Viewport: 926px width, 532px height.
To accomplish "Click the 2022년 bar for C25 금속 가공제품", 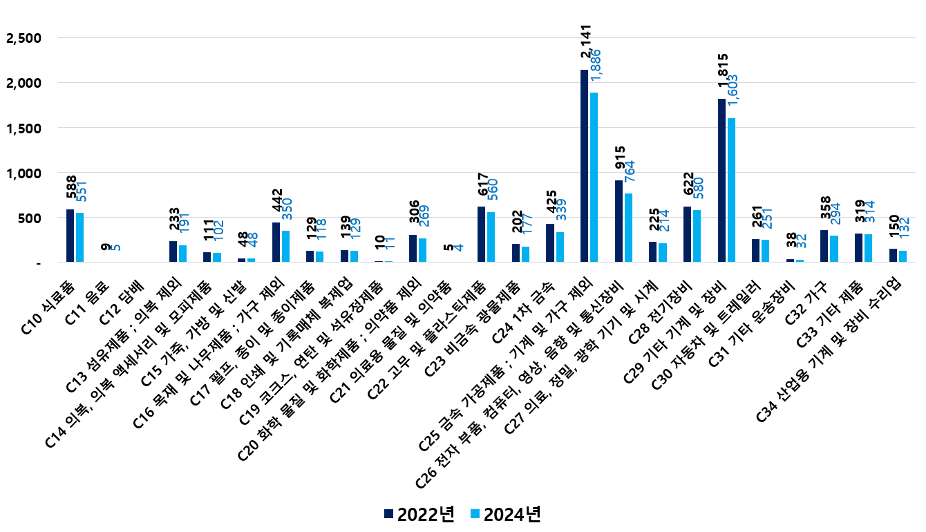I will click(584, 166).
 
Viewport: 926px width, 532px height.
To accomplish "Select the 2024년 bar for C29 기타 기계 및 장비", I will click(731, 190).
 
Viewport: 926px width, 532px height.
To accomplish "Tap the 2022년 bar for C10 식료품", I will click(70, 236).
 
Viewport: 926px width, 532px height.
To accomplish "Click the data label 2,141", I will click(585, 46).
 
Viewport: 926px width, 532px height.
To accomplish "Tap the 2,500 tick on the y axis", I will click(23, 38).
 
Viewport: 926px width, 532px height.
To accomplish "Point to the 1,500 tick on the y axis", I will click(23, 128).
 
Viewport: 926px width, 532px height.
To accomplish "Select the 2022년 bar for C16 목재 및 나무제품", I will click(276, 243).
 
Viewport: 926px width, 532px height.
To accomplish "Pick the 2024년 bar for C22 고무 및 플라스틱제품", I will click(491, 237).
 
